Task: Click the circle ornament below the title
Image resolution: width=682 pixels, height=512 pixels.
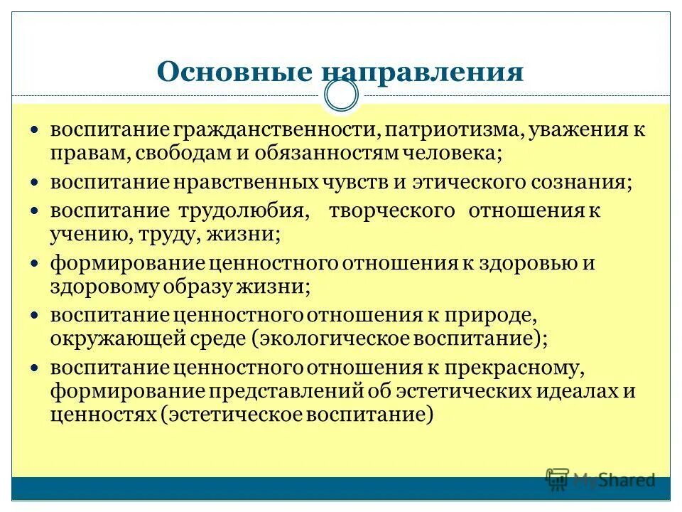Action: [x=341, y=95]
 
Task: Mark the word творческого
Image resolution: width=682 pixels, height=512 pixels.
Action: [x=391, y=211]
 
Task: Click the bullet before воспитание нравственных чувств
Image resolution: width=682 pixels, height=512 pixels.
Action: [x=34, y=182]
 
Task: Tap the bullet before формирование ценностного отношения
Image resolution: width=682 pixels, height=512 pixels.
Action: [x=34, y=263]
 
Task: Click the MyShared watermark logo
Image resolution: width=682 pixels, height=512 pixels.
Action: [x=601, y=479]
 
